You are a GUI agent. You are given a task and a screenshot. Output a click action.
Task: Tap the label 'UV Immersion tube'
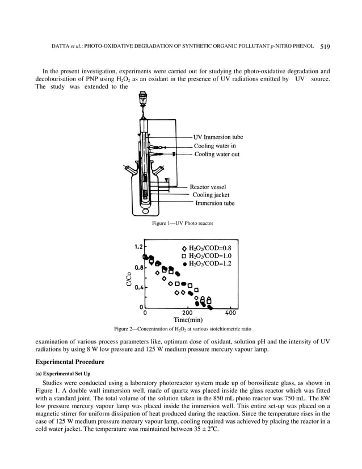click(218, 137)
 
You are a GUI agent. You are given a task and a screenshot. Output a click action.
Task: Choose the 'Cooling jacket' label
click(211, 195)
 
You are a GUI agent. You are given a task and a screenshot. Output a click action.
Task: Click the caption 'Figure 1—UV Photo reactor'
click(181, 224)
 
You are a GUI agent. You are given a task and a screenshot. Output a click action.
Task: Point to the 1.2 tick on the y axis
click(138, 247)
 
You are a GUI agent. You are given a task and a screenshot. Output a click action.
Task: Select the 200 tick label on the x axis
click(187, 312)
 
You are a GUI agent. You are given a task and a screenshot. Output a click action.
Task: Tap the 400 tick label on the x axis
click(231, 312)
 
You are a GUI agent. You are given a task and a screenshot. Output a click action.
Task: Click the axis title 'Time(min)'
click(188, 320)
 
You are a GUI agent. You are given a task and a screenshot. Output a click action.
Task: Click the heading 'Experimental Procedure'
click(70, 361)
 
